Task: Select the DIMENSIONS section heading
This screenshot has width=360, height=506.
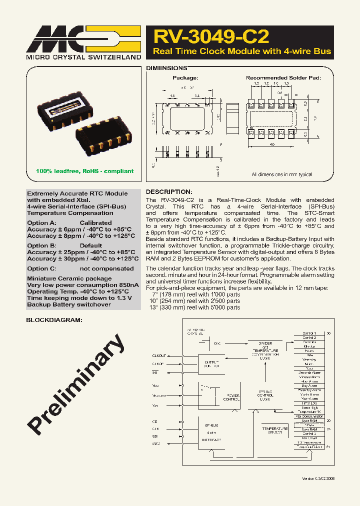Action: (166, 68)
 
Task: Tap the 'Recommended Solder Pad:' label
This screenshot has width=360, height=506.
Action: (283, 78)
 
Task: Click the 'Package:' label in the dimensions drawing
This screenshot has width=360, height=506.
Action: (185, 78)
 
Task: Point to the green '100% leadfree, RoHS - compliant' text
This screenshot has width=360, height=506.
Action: (84, 171)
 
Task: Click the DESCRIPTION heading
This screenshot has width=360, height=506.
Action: (168, 192)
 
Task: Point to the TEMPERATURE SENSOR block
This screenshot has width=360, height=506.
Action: (274, 430)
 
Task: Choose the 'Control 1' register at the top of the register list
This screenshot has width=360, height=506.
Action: (309, 333)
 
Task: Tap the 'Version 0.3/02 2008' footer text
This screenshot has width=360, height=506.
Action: (318, 478)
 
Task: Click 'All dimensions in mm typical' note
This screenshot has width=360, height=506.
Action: (282, 174)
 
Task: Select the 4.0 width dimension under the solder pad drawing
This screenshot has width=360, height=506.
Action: (272, 144)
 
